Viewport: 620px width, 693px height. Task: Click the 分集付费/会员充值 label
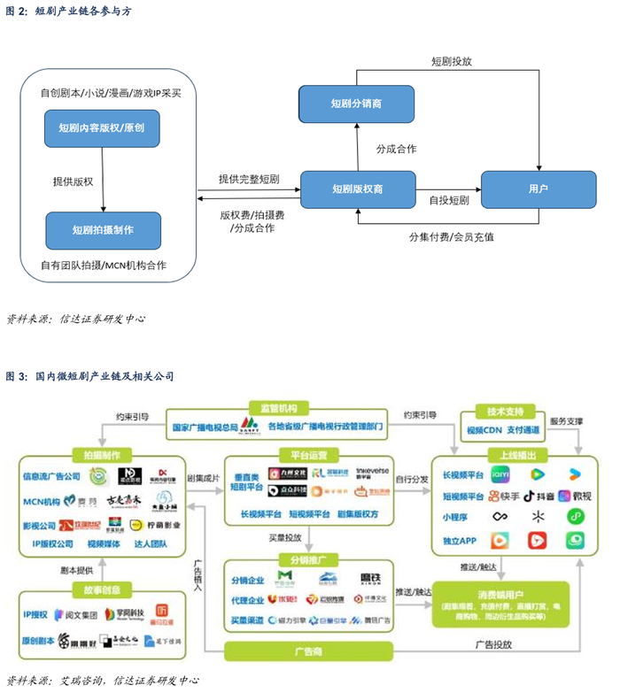pyautogui.click(x=451, y=237)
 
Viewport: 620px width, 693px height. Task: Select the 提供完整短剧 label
pyautogui.click(x=249, y=179)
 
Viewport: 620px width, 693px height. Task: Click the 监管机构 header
pyautogui.click(x=278, y=408)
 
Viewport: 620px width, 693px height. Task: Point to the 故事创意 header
pyautogui.click(x=103, y=589)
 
